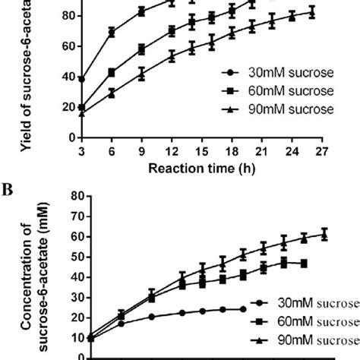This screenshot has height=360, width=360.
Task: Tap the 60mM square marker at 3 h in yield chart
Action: point(82,107)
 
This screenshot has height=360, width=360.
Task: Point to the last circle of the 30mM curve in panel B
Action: point(243,309)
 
